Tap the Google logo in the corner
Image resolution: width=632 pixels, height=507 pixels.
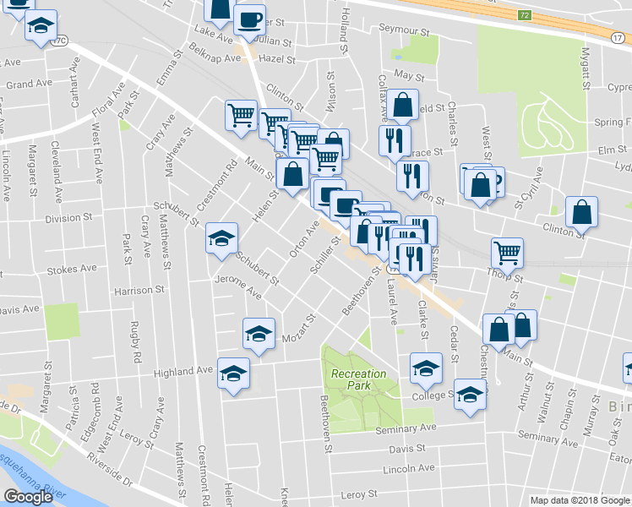point(28,497)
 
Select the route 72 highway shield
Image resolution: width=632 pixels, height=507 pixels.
point(525,15)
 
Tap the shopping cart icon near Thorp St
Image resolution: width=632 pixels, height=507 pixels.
point(507,251)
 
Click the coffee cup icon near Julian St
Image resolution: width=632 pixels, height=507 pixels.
point(249,19)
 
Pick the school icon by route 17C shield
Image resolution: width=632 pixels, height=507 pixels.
point(40,27)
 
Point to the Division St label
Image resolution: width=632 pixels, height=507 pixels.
point(68,218)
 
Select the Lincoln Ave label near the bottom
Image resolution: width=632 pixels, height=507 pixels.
point(408,468)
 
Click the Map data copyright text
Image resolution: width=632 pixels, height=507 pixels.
point(579,500)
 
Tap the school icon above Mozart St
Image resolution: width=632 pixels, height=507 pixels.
point(259,333)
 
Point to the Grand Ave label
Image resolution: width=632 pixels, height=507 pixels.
point(30,84)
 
